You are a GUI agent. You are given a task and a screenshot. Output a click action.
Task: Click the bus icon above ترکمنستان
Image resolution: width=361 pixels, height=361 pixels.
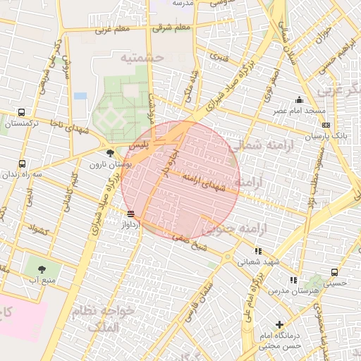tap(22, 112)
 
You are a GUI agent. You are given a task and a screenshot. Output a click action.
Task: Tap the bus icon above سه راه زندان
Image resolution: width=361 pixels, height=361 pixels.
tap(22, 163)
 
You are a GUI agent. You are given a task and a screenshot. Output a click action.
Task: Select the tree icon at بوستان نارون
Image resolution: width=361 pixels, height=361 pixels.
tap(109, 153)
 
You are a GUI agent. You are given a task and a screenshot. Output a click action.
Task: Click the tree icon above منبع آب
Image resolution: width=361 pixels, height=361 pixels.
tap(42, 269)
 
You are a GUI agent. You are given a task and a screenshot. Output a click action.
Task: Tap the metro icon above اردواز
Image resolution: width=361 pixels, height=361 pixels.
tap(130, 213)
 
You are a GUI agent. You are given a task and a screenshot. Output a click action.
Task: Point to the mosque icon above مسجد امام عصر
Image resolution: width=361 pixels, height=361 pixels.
tap(300, 100)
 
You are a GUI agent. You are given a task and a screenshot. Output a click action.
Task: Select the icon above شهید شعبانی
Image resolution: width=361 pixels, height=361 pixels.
tap(258, 250)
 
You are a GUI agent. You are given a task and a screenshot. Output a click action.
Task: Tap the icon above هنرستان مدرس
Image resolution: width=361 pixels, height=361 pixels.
tap(293, 280)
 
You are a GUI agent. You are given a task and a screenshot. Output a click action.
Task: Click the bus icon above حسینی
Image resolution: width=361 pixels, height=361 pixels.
tap(334, 272)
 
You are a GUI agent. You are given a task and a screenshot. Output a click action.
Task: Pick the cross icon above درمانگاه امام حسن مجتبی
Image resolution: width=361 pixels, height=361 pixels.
tap(280, 325)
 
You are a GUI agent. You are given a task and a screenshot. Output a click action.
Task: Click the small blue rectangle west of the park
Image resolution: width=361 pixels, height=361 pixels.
tap(80, 95)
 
